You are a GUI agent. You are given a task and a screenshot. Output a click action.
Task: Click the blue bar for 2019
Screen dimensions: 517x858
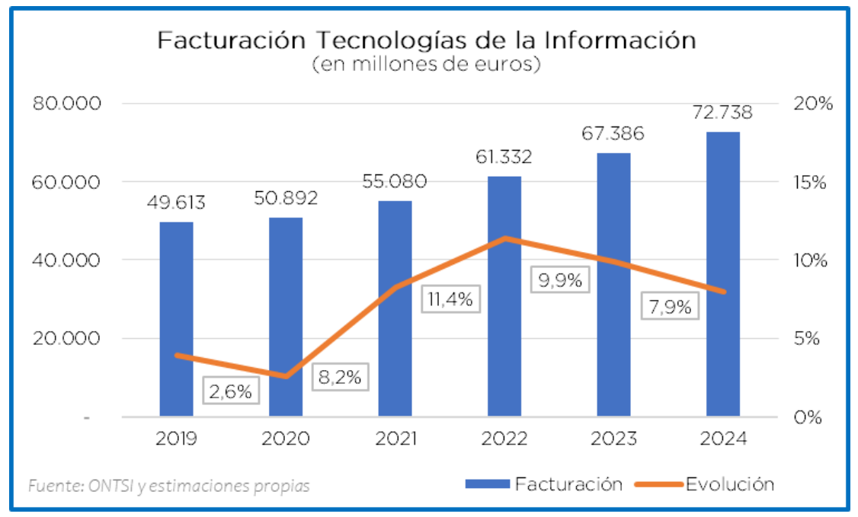click(176, 319)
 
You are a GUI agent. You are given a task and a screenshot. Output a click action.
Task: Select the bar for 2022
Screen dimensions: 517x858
click(504, 296)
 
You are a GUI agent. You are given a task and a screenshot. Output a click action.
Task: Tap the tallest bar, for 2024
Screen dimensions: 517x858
click(722, 274)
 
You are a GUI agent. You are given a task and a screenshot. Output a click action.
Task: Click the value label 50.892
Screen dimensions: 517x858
click(286, 199)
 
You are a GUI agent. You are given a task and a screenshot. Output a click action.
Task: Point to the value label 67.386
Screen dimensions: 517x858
click(613, 134)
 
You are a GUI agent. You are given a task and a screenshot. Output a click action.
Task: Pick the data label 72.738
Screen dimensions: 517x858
click(722, 113)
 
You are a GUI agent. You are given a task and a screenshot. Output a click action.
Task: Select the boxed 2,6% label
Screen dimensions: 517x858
click(231, 391)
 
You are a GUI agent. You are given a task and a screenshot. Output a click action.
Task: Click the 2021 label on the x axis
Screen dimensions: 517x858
click(395, 439)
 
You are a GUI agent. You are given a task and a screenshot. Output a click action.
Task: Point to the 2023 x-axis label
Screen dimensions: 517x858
click(613, 439)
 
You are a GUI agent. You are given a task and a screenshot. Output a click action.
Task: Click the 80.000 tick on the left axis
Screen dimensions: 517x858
click(67, 104)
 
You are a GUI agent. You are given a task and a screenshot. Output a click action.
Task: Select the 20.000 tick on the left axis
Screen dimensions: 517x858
click(67, 339)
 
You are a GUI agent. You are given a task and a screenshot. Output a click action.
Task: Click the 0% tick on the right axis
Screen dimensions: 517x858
click(813, 417)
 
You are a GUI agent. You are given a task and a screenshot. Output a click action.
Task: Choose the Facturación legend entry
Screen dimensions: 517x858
click(568, 483)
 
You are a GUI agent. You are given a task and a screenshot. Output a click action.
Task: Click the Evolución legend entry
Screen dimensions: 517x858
click(729, 483)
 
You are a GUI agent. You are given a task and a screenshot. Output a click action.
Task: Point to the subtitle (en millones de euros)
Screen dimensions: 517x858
click(427, 65)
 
